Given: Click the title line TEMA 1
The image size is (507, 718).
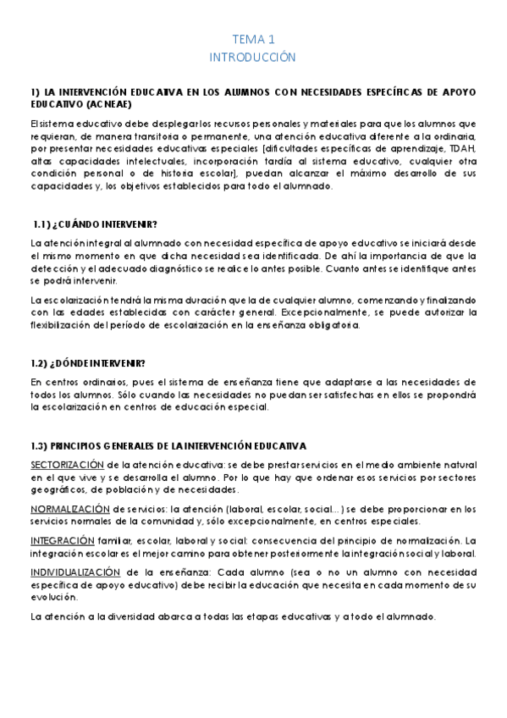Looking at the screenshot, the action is click(253, 39).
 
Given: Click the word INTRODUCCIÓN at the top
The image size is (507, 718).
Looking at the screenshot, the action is click(253, 57).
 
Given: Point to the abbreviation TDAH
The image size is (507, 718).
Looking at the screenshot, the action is click(463, 148).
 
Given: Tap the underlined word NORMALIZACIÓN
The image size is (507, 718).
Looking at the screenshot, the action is click(70, 508).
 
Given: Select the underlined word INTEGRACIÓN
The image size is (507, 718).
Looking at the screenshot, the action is click(62, 539).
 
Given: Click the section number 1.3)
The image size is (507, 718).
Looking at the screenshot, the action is click(39, 445).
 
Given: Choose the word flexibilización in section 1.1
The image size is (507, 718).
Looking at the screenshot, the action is click(64, 323).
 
